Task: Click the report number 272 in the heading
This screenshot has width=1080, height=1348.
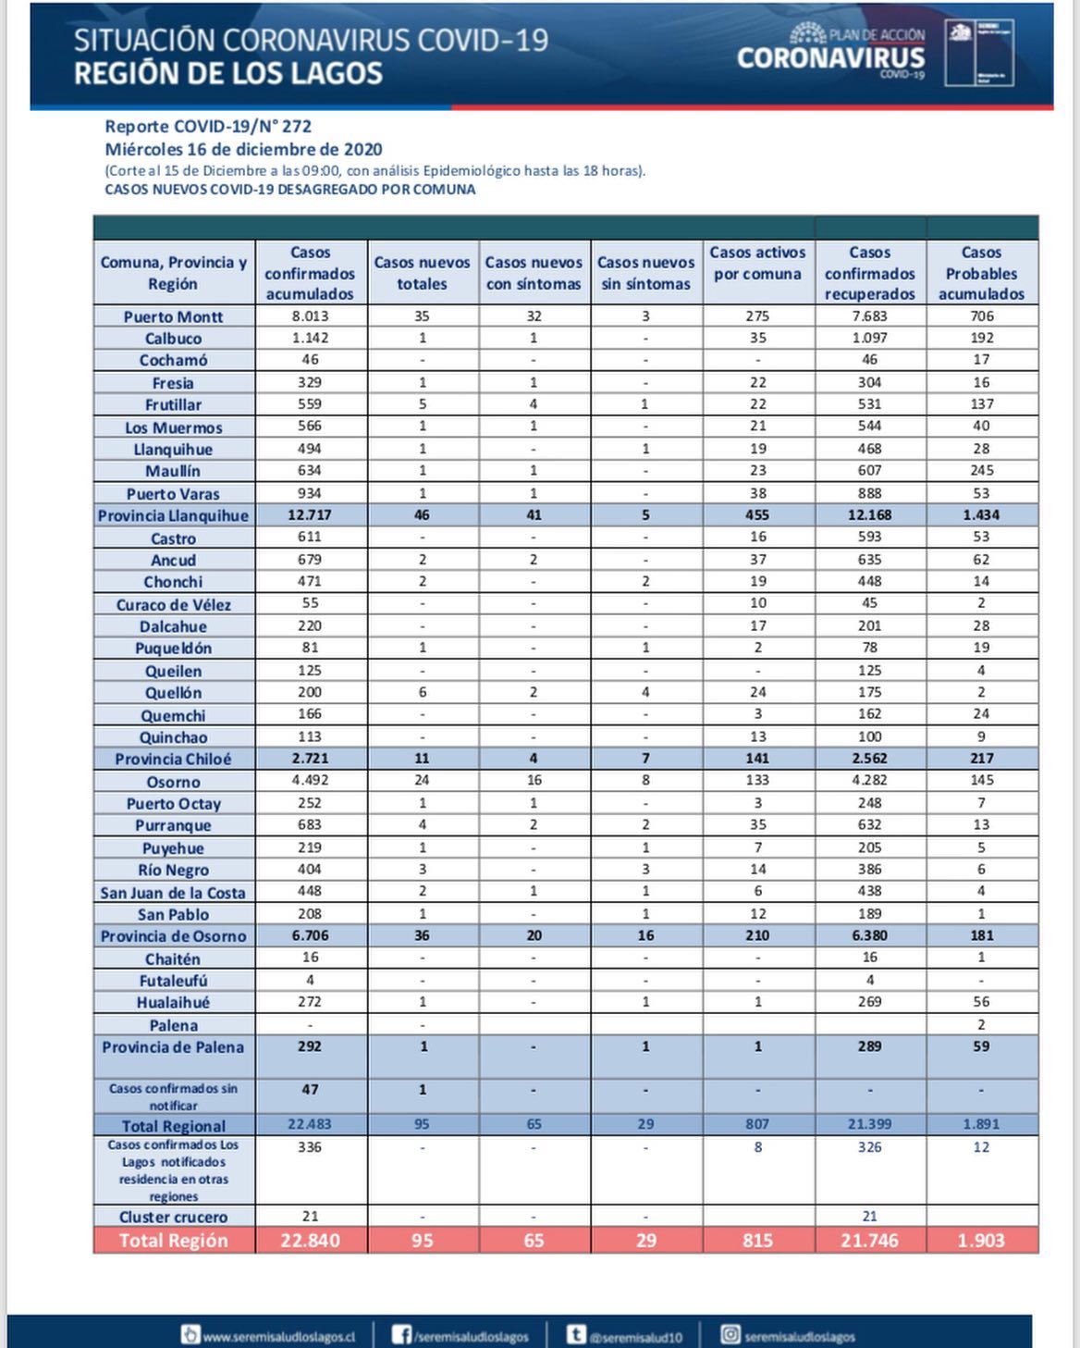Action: click(x=296, y=127)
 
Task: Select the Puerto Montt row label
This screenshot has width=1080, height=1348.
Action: click(x=174, y=316)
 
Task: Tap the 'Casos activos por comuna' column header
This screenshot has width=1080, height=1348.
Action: click(x=757, y=264)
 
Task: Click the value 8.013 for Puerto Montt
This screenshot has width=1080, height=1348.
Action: click(x=310, y=315)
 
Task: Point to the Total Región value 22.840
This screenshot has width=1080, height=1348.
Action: click(x=310, y=1241)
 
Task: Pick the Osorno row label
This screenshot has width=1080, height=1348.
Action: click(x=174, y=782)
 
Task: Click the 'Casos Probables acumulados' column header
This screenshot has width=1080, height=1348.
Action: click(x=981, y=273)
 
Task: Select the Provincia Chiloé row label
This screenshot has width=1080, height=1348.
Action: click(x=174, y=759)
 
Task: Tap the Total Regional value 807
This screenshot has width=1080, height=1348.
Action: click(x=757, y=1124)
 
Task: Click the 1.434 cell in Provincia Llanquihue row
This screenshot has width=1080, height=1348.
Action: click(x=981, y=514)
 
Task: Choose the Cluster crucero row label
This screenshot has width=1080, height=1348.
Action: click(x=174, y=1217)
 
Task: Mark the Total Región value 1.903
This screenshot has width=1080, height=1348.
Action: click(x=981, y=1241)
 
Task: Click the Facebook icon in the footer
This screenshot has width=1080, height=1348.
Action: click(x=401, y=1335)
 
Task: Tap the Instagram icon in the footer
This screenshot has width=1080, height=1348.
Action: click(x=730, y=1335)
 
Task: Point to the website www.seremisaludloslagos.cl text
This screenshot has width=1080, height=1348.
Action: click(x=278, y=1337)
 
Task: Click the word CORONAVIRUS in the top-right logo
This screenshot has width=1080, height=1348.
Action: click(x=830, y=58)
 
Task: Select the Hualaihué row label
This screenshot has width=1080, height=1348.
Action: click(x=174, y=1002)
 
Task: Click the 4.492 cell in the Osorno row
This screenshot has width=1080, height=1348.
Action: click(x=310, y=780)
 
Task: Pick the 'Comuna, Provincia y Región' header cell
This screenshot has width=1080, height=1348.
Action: click(x=174, y=273)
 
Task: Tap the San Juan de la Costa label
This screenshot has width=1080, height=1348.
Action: click(x=174, y=893)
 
